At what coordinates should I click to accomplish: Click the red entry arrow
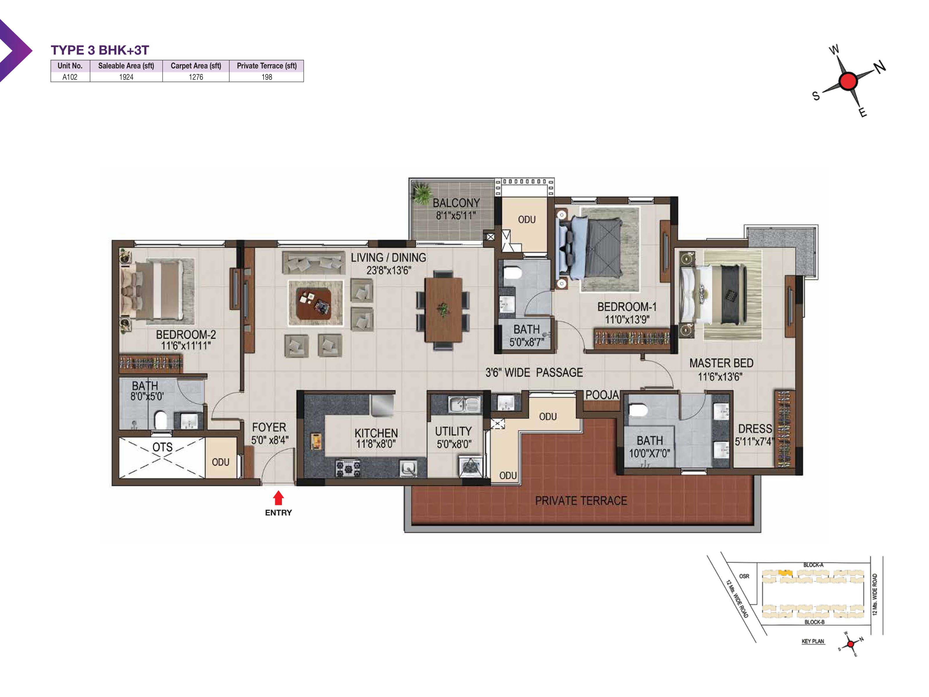click(278, 498)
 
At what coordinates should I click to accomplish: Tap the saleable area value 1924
click(126, 77)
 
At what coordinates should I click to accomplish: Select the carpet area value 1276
click(196, 77)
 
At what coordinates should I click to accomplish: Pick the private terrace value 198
click(267, 77)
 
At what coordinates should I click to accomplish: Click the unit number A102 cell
click(70, 77)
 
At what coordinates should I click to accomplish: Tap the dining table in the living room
click(443, 310)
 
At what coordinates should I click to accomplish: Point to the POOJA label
click(602, 395)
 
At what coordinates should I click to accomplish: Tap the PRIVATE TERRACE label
click(581, 501)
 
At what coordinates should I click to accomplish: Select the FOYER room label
click(269, 427)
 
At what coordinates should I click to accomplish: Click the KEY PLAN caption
click(813, 641)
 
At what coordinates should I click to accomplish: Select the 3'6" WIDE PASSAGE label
click(534, 373)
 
